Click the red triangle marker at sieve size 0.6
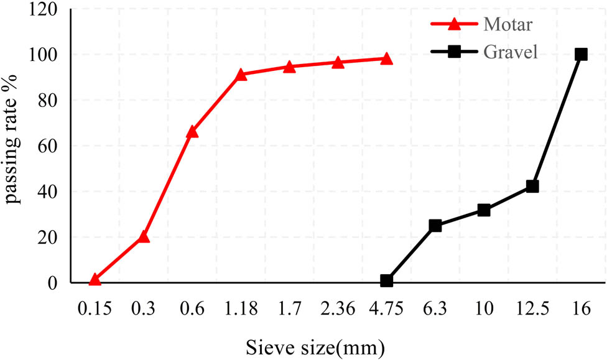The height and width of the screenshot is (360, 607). coord(192,132)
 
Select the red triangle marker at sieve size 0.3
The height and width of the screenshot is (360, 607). coord(144,237)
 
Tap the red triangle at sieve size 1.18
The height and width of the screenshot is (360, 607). coord(241,75)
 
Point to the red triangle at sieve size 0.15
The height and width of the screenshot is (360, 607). coord(95,280)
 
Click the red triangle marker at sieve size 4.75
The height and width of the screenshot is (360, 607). coord(386,59)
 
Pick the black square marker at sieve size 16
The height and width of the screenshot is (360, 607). coord(581,54)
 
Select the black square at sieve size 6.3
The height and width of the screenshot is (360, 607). coord(435,226)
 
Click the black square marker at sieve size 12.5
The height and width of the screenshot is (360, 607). coord(532,187)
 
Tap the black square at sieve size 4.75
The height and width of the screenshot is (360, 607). coord(386,281)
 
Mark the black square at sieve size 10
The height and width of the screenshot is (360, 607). coord(484,210)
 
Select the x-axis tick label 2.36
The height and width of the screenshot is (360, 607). coord(338,308)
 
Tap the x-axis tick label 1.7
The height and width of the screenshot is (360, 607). coord(289,308)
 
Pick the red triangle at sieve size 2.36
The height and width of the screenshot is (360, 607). coord(338,62)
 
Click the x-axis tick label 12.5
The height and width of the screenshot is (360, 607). coord(532,308)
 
